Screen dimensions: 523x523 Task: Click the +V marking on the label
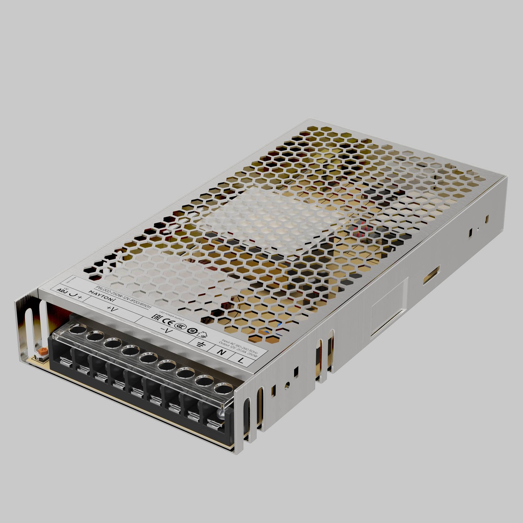click(x=111, y=309)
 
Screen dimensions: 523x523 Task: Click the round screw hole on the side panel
click(x=288, y=383)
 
